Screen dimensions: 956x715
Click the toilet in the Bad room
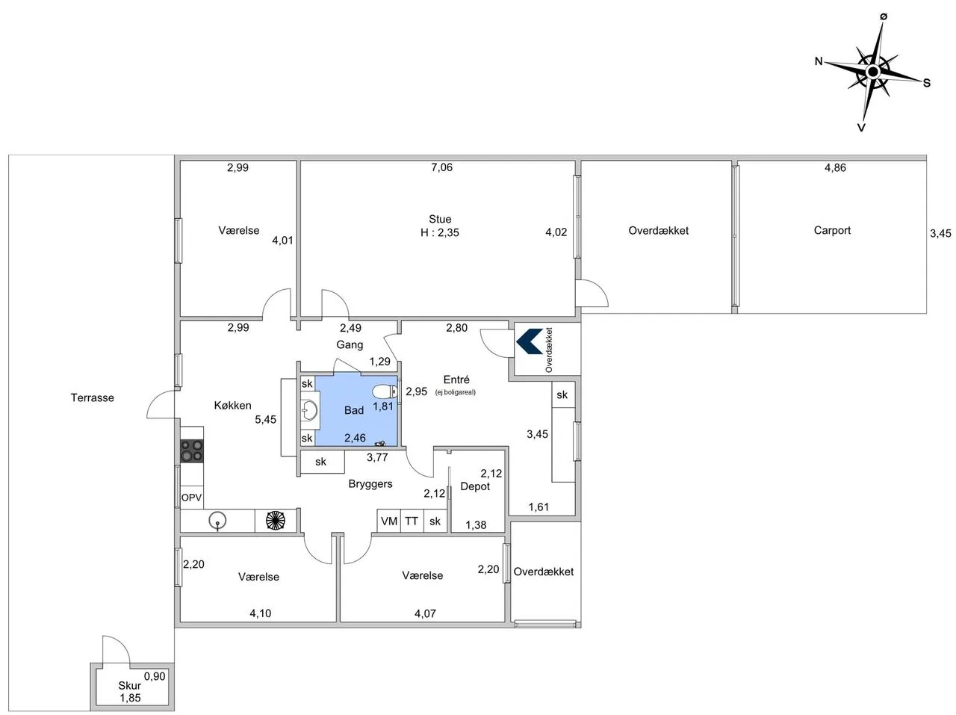[x=385, y=391]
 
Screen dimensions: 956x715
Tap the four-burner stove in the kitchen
[x=192, y=451]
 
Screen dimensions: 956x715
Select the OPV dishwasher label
[x=192, y=497]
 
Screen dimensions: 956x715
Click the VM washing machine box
[x=388, y=521]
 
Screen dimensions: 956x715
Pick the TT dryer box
[x=412, y=521]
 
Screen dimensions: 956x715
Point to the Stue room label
[x=440, y=219]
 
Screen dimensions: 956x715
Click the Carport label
[x=832, y=231]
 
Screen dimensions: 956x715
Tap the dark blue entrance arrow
[x=530, y=341]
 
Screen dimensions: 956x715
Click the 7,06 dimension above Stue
[x=441, y=167]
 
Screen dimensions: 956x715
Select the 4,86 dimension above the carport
[x=835, y=168]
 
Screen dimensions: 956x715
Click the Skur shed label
[x=129, y=685]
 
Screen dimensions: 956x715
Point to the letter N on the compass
[x=819, y=61]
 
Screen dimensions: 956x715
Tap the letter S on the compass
[x=926, y=83]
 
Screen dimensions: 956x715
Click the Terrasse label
[x=93, y=397]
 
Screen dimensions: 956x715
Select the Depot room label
[x=475, y=486]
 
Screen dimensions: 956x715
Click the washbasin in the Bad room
[x=310, y=410]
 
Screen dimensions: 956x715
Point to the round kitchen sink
[x=217, y=520]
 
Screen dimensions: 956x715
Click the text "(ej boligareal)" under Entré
[x=455, y=392]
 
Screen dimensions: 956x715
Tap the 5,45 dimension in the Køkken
[x=265, y=420]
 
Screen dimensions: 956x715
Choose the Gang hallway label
[x=350, y=344]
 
